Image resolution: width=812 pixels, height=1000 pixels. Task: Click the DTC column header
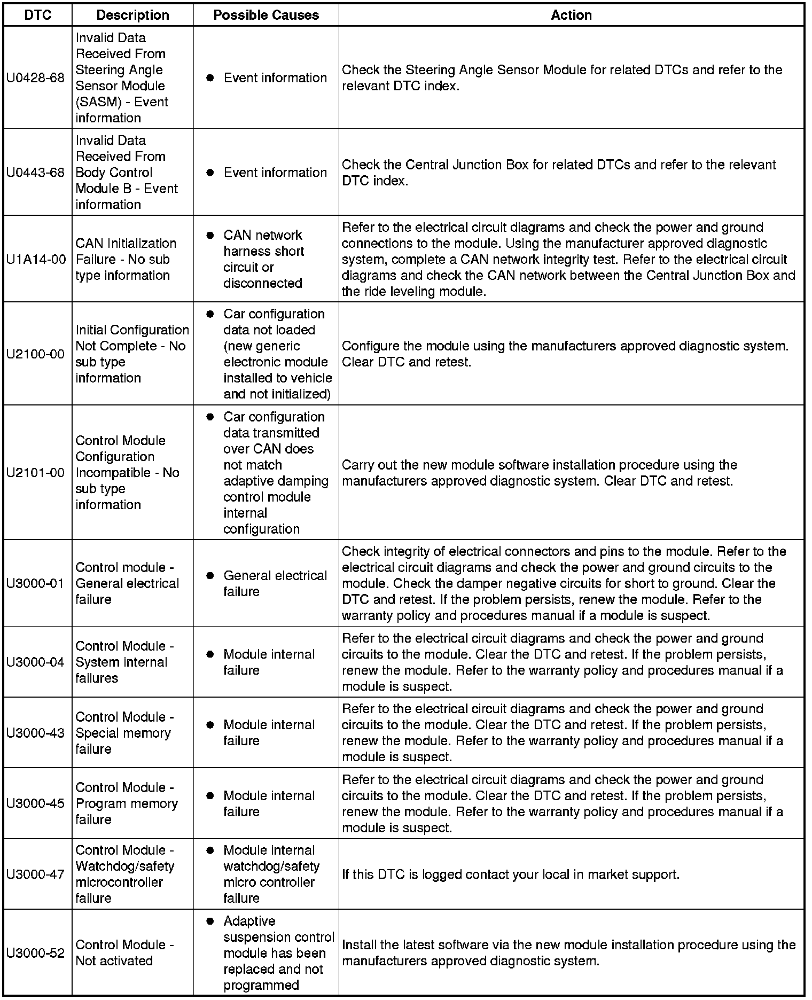tap(38, 15)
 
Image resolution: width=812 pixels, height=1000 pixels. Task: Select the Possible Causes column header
tap(266, 15)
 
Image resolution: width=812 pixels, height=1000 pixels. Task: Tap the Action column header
tap(571, 15)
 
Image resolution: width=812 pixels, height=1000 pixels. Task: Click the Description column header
tap(132, 15)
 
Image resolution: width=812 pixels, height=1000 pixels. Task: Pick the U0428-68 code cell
tap(35, 78)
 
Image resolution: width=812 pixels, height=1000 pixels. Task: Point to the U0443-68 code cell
tap(35, 173)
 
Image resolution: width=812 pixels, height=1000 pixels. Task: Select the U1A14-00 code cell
tap(36, 260)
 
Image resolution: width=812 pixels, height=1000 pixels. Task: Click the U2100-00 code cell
tap(35, 354)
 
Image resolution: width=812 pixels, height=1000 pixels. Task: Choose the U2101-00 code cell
tap(35, 473)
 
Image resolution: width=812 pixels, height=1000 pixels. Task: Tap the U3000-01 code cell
tap(35, 583)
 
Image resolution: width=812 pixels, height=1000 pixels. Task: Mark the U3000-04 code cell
tap(35, 662)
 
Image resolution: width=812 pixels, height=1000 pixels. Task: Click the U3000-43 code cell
tap(35, 733)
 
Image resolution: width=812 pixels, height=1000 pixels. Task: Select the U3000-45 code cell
tap(35, 803)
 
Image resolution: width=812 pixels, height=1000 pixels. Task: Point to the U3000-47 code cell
tap(35, 874)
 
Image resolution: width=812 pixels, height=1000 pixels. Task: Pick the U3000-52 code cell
tap(35, 953)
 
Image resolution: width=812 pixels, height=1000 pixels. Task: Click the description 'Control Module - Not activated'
tap(124, 953)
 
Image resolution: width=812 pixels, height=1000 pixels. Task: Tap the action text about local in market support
tap(510, 874)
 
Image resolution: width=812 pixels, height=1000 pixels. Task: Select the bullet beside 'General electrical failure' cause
tap(210, 576)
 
